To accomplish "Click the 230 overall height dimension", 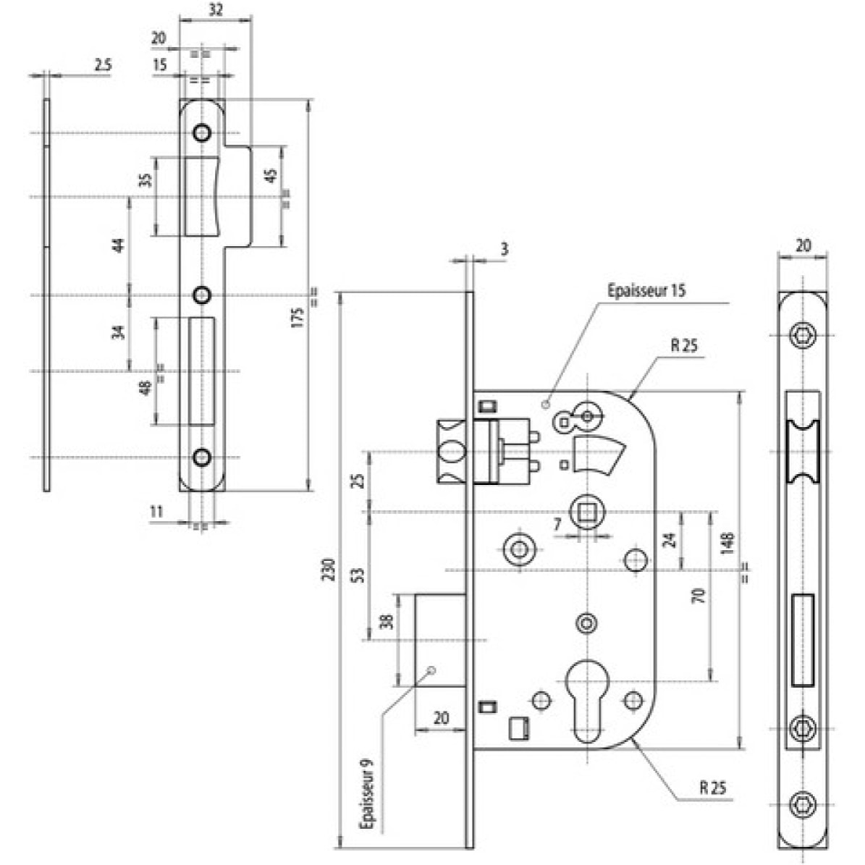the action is (x=329, y=570).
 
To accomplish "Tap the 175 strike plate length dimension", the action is (x=298, y=318).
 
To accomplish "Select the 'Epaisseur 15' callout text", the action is (x=646, y=291).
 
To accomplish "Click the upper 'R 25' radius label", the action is (x=684, y=346).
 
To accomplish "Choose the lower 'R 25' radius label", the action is (x=713, y=788).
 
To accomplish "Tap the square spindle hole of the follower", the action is (x=587, y=512).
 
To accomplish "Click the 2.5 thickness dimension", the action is (x=103, y=64).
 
